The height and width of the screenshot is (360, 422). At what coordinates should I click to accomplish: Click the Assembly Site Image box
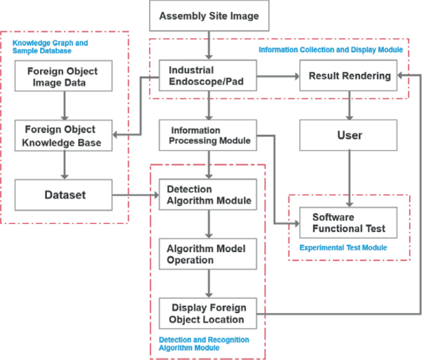click(209, 16)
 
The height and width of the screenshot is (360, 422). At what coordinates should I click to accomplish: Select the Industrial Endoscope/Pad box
click(208, 76)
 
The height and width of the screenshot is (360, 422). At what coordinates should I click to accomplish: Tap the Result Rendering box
click(349, 76)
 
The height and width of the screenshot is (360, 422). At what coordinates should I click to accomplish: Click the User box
click(349, 135)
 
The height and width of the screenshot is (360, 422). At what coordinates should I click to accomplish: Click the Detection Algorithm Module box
click(208, 195)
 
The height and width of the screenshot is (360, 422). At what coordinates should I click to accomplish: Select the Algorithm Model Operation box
click(208, 254)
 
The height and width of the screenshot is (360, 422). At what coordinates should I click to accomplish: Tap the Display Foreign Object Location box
click(208, 313)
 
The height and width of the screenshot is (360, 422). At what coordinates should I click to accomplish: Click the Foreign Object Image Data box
click(63, 76)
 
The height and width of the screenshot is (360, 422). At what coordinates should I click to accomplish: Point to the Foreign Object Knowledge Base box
click(63, 135)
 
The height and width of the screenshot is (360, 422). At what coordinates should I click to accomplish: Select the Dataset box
click(63, 195)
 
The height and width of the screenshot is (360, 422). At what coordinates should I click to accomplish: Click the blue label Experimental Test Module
click(343, 248)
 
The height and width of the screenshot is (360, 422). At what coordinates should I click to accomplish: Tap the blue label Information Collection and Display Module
click(330, 49)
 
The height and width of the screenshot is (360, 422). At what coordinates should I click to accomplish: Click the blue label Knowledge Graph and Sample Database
click(51, 47)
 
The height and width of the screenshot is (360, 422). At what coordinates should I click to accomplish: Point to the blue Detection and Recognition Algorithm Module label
click(204, 344)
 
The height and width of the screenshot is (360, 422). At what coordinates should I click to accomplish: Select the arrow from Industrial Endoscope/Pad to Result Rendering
click(277, 76)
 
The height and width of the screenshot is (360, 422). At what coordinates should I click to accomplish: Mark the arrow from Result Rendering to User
click(349, 105)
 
